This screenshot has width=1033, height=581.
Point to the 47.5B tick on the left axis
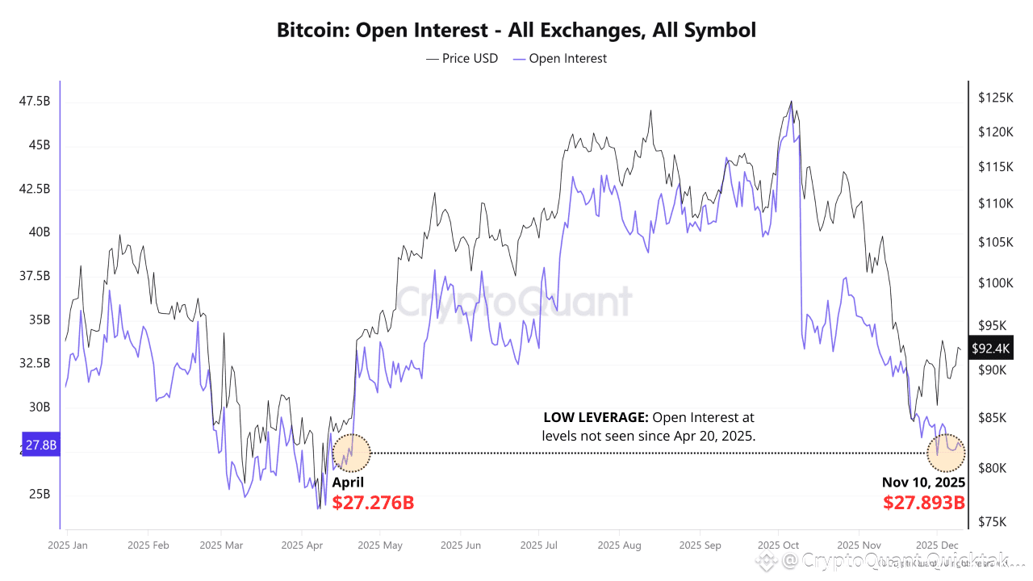(x=35, y=102)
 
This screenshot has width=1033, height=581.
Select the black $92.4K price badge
(x=990, y=349)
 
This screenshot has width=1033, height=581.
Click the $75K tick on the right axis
(x=992, y=521)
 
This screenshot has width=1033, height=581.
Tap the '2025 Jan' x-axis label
(x=68, y=545)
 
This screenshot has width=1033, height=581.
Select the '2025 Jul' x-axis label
(x=538, y=545)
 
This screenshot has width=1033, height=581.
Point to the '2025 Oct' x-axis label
(x=779, y=545)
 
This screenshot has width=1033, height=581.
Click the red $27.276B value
(x=373, y=503)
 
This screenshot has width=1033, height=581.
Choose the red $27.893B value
(x=924, y=503)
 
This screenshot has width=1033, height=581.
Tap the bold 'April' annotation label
(x=348, y=483)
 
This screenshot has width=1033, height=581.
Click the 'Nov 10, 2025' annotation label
(x=923, y=483)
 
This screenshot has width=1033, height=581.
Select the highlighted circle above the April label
(x=352, y=453)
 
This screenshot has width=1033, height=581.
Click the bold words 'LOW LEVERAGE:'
(x=596, y=418)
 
